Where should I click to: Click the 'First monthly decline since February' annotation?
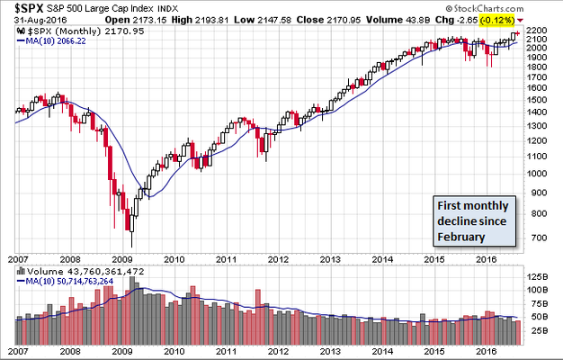point(473,220)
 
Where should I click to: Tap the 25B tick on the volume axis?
point(537,331)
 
